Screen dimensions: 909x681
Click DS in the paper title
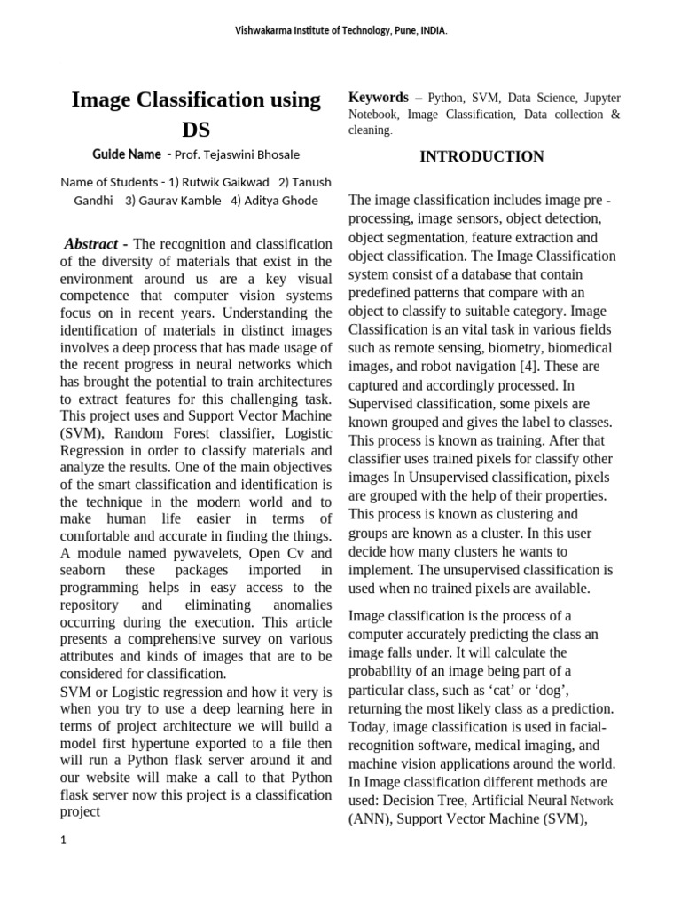196,130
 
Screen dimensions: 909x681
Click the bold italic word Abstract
90,244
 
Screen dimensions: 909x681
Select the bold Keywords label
379,98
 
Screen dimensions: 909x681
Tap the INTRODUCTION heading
481,157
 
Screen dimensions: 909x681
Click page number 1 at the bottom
64,842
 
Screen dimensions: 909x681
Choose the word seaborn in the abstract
88,569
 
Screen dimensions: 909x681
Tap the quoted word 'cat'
523,689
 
